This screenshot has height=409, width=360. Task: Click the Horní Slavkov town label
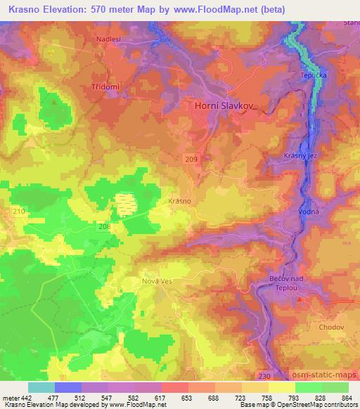pyautogui.click(x=221, y=105)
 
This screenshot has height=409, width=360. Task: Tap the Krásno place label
pyautogui.click(x=180, y=201)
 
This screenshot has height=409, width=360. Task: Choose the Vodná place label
pyautogui.click(x=310, y=211)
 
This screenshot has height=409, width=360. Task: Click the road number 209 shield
pyautogui.click(x=192, y=160)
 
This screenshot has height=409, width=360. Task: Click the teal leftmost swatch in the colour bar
pyautogui.click(x=41, y=387)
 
